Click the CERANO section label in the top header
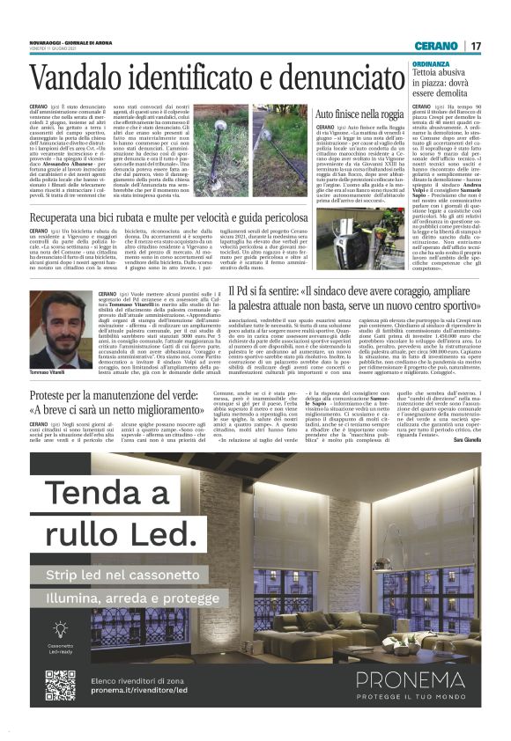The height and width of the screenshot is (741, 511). click(437, 46)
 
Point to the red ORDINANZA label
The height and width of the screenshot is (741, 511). click(430, 64)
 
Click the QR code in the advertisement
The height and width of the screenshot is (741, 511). click(60, 685)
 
